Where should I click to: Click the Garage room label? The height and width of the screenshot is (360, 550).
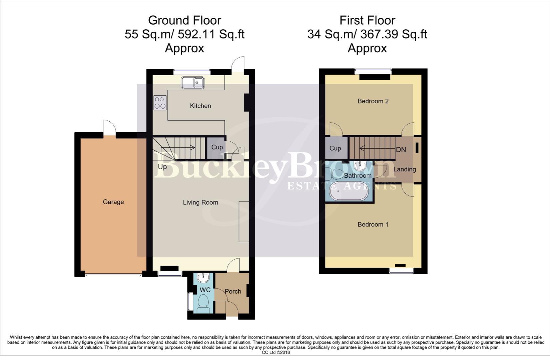(x=113, y=202)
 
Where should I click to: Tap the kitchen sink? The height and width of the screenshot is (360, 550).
(x=193, y=83)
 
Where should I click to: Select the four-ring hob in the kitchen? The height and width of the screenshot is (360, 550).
(x=160, y=103)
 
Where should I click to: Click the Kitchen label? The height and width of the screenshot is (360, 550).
(x=200, y=106)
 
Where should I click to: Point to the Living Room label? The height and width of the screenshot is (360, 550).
(x=200, y=202)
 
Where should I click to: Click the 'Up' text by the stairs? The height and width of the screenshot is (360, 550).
(x=162, y=167)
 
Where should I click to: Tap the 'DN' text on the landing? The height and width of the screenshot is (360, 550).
(x=401, y=150)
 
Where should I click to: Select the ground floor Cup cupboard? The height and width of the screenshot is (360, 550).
(x=217, y=147)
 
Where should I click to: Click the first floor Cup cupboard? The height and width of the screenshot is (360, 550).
(x=335, y=148)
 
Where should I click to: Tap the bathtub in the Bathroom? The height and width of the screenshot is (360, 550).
(x=349, y=191)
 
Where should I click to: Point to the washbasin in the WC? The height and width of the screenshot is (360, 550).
(x=203, y=277)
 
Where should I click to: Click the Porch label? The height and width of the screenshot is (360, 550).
(x=233, y=291)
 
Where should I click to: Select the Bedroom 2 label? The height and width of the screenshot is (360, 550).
(x=373, y=101)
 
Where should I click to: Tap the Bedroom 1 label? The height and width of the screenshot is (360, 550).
(x=373, y=224)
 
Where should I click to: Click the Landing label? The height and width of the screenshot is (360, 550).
(x=405, y=169)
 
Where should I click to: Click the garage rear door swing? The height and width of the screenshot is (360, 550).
(x=109, y=128)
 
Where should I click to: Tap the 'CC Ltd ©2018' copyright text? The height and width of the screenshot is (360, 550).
(x=276, y=352)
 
